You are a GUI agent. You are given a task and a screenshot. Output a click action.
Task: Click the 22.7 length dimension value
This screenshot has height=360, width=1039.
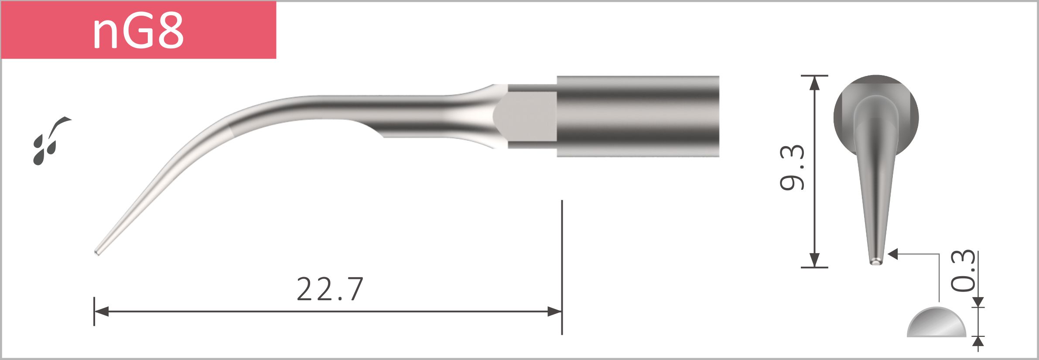[330, 289]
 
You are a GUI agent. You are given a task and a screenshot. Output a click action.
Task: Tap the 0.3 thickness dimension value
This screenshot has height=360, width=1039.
[963, 271]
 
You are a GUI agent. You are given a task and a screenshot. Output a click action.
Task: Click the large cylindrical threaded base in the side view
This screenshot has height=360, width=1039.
[638, 116]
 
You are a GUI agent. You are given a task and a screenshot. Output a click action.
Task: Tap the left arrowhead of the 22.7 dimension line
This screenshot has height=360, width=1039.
[101, 312]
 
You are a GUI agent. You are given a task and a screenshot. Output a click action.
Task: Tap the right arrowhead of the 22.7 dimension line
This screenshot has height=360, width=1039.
[555, 312]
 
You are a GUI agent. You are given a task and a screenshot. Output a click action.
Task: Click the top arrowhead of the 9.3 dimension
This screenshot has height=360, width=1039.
[814, 83]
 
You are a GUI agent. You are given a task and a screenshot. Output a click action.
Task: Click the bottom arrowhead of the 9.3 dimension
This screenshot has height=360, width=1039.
[814, 260]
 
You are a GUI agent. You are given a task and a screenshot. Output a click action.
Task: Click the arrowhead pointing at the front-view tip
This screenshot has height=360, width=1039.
[893, 254]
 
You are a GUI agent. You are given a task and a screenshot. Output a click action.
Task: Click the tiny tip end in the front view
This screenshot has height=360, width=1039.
[876, 262]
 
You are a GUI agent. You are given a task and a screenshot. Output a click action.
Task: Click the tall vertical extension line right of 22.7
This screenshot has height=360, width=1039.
[562, 262]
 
